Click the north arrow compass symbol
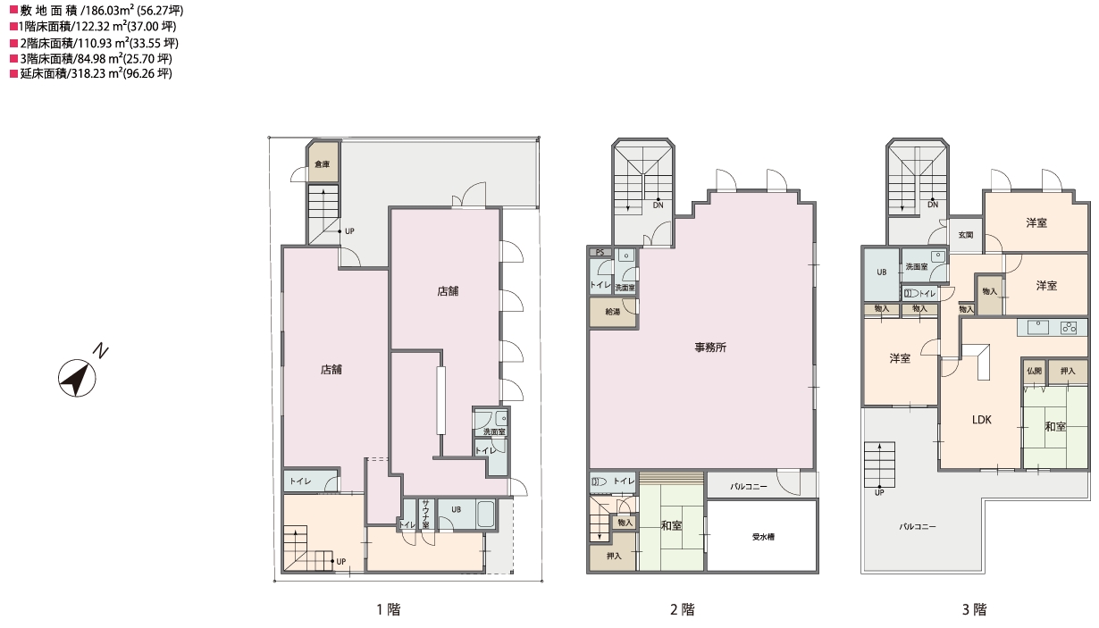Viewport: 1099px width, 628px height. pos(77,378)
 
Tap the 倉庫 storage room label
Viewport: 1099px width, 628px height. pos(322,164)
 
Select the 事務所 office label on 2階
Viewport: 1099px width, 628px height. pos(710,347)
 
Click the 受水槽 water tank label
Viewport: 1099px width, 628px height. pos(763,537)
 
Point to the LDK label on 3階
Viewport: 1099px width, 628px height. pos(982,420)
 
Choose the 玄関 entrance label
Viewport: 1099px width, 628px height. pos(966,235)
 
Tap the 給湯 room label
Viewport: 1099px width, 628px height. pos(613,312)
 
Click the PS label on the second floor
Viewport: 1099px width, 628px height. pos(600,252)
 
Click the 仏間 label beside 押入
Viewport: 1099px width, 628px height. pos(1034,371)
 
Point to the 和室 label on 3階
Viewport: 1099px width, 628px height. pos(1055,426)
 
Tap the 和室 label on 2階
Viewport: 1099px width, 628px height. pos(671,525)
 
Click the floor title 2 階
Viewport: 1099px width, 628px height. pos(683,609)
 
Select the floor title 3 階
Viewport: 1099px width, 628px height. pos(974,609)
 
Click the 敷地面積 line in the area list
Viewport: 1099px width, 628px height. pos(96,10)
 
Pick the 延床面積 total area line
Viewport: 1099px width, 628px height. pos(91,73)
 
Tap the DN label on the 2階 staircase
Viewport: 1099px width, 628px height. pos(658,205)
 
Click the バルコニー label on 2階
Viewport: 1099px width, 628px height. pos(748,486)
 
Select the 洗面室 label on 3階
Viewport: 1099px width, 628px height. pos(917,266)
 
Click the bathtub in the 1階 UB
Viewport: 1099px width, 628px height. pos(485,515)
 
